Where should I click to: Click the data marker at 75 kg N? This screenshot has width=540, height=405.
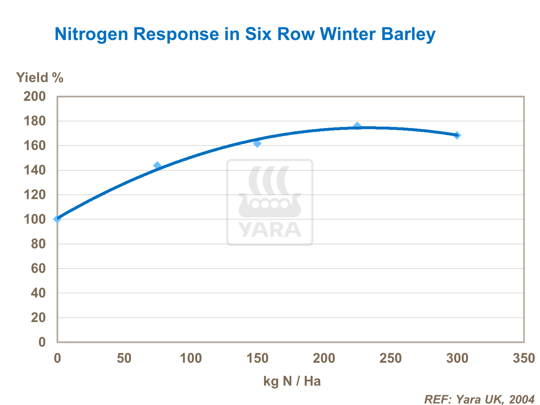click(x=157, y=165)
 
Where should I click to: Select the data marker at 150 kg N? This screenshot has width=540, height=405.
click(x=257, y=144)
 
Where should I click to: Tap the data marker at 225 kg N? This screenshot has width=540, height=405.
click(x=357, y=126)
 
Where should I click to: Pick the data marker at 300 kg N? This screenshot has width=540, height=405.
click(x=457, y=135)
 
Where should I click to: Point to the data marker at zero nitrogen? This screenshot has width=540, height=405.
click(x=57, y=219)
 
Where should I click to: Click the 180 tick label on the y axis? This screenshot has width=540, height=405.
click(x=35, y=121)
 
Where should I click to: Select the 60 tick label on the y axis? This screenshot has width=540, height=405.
click(x=38, y=269)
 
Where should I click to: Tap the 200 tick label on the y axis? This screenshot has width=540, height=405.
click(x=35, y=96)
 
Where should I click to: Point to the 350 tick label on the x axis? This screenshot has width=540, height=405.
click(x=524, y=358)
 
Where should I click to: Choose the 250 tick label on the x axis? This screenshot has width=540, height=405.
click(x=390, y=358)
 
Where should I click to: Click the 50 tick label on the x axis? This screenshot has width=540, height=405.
click(x=124, y=358)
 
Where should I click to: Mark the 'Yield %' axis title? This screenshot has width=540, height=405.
click(x=40, y=78)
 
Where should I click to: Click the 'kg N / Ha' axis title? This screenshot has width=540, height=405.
click(x=292, y=381)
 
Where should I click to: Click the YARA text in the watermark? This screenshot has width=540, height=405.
click(x=270, y=229)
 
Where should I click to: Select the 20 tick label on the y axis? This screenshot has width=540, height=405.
click(x=38, y=318)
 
